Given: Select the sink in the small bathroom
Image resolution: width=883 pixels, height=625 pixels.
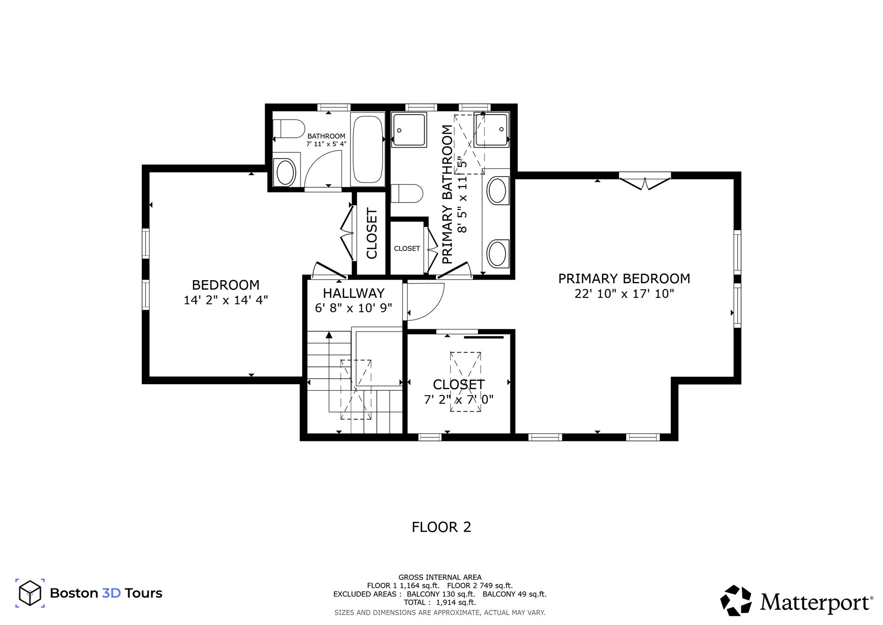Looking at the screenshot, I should coord(285,172).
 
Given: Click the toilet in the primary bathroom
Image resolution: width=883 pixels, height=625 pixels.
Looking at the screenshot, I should coord(407,193).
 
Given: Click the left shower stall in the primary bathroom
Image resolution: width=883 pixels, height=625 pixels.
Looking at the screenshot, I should coord(409,129).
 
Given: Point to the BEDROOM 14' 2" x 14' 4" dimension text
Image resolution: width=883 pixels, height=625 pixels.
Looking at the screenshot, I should coord(226,300).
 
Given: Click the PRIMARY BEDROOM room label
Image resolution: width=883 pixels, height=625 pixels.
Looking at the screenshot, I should coord(624,278).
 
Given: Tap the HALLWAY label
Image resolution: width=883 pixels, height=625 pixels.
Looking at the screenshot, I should coord(354,293).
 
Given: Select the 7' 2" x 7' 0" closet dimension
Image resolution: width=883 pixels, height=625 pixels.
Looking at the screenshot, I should coord(458,399).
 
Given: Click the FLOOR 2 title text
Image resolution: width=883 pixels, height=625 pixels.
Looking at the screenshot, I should coord(441,527).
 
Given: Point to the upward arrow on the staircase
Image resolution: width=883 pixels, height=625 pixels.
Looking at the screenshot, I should coord(329,335).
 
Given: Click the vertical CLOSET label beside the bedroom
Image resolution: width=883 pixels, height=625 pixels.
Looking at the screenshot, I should coord(372,234).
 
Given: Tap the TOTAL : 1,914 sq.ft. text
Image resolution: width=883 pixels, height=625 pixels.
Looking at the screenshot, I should coord(440,602).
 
